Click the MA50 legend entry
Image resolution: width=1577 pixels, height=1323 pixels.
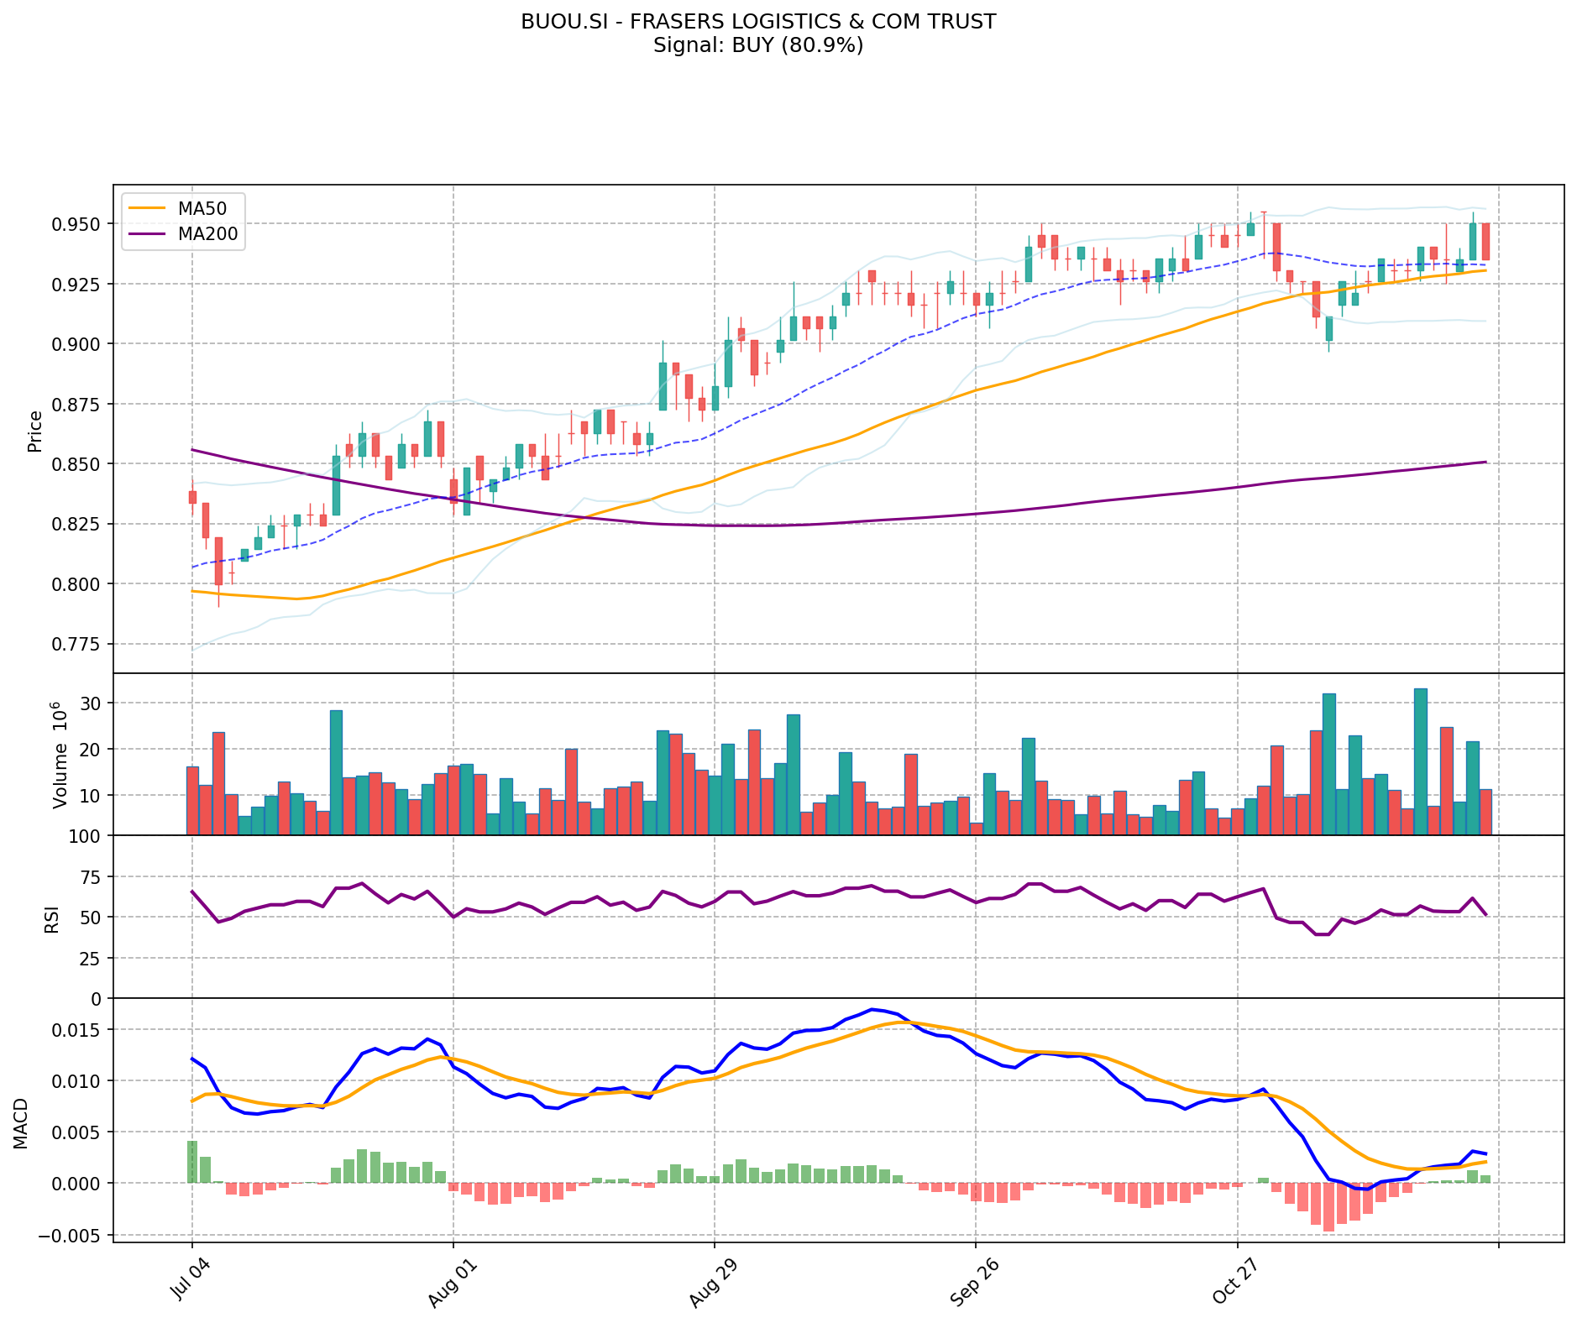(x=202, y=209)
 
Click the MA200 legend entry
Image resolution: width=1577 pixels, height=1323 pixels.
(x=207, y=234)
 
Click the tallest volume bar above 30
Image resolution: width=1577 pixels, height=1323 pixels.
(x=1420, y=761)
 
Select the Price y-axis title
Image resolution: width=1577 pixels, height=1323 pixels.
(x=35, y=431)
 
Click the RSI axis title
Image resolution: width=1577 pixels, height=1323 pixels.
(x=52, y=918)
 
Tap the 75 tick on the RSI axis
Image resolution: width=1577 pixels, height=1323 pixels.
(x=91, y=877)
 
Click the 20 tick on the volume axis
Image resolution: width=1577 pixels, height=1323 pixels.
(x=91, y=749)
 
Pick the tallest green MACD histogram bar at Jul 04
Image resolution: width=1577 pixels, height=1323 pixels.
(x=192, y=1162)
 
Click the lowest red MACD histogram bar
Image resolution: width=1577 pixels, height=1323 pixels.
(x=1328, y=1207)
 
